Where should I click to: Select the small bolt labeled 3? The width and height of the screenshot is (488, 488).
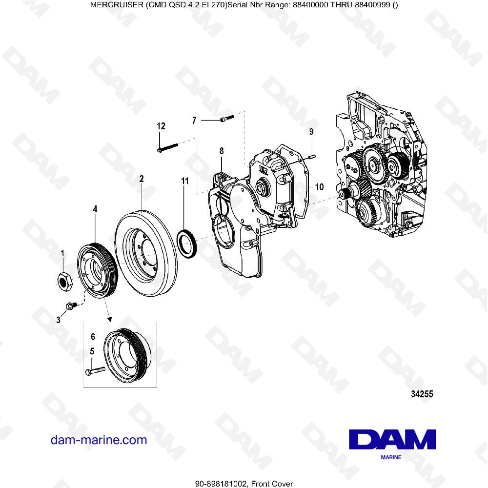[x=69, y=306]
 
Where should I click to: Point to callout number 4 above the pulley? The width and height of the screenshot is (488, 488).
[x=95, y=209]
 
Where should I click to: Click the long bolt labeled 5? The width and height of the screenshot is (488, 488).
[x=95, y=372]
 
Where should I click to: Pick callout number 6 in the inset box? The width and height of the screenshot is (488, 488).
[x=92, y=336]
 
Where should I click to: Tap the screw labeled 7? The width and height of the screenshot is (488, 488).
[x=226, y=119]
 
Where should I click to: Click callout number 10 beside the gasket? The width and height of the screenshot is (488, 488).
[x=319, y=186]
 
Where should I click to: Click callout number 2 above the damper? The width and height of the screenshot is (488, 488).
[x=141, y=179]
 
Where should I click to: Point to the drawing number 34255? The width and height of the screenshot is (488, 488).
[x=421, y=394]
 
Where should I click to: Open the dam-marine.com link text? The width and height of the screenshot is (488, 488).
[x=99, y=440]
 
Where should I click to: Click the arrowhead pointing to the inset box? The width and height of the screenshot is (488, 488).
[x=110, y=320]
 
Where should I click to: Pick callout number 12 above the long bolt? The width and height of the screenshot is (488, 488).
[x=161, y=126]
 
